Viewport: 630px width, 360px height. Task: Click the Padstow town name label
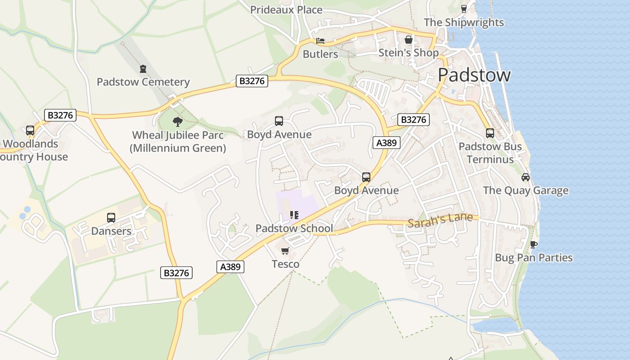click(x=474, y=75)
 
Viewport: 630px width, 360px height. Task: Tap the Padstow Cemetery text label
click(x=143, y=82)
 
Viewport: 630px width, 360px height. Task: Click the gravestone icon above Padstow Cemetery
click(x=143, y=69)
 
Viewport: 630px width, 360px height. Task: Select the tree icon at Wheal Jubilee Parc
click(x=178, y=121)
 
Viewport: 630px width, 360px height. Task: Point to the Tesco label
click(x=285, y=264)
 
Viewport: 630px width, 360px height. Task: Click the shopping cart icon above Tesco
click(x=285, y=251)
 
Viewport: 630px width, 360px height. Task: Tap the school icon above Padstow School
click(x=294, y=215)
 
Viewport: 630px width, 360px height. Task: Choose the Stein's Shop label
click(x=408, y=53)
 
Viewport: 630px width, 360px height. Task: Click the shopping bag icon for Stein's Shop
click(x=408, y=40)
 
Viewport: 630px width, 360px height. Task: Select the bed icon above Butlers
click(x=320, y=41)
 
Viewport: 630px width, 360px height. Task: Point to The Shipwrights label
click(x=463, y=22)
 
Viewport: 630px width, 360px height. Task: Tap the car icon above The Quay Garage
click(x=525, y=177)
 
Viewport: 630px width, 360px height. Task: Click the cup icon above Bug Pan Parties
click(x=534, y=244)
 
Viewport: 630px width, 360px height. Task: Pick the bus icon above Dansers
click(x=111, y=218)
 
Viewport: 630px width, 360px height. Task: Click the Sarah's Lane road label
click(x=440, y=219)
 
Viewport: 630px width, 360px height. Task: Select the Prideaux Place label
click(x=286, y=9)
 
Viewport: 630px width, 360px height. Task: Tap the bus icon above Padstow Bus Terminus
click(x=490, y=133)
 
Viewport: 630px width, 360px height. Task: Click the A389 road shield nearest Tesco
click(x=230, y=267)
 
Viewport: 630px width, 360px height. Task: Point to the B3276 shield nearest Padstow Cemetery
click(x=252, y=81)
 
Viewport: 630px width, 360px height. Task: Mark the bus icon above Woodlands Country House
click(x=30, y=130)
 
